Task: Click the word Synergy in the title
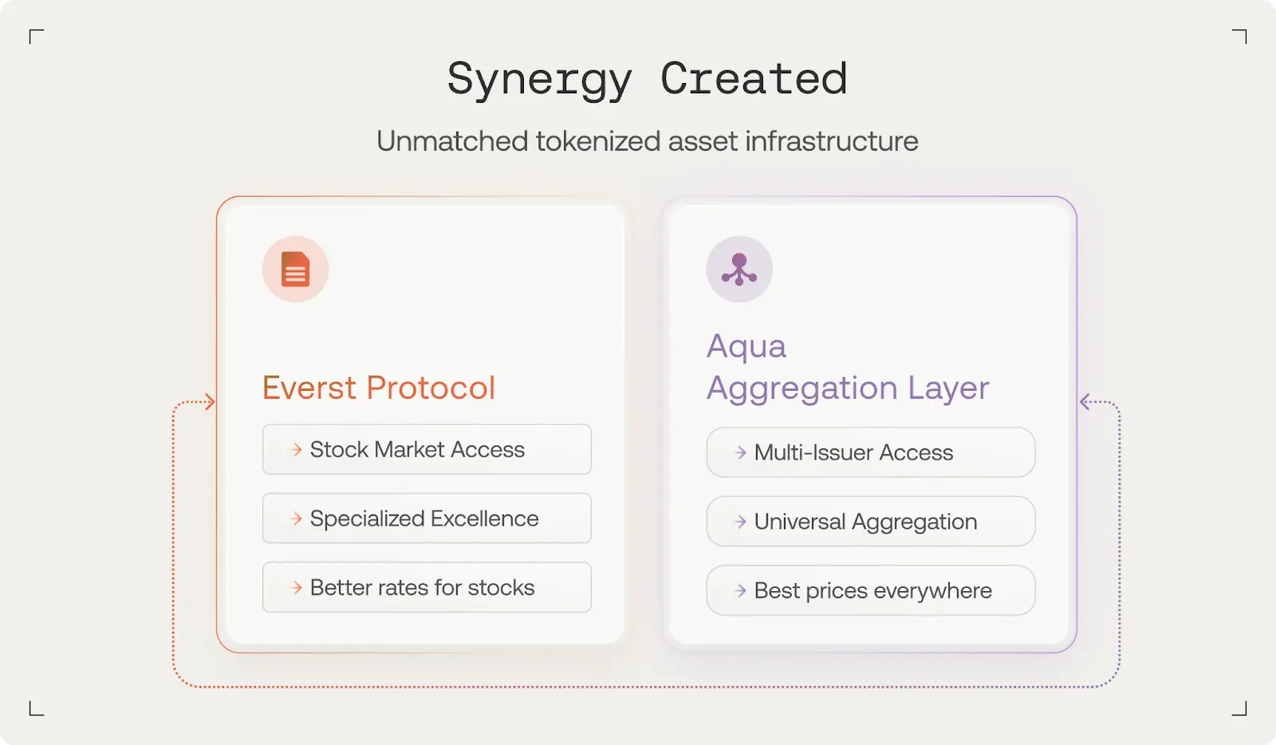pos(539,80)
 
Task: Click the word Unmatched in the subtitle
pos(452,140)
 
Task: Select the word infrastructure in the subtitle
pos(832,140)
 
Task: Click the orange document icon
pos(296,269)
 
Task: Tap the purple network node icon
pos(739,269)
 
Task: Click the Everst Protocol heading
pos(379,388)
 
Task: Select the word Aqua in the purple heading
pos(746,345)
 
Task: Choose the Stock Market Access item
pos(427,449)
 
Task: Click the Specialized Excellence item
pos(427,518)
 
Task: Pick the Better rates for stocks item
pos(427,587)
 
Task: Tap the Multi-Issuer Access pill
pos(870,452)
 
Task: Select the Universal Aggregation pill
pos(870,521)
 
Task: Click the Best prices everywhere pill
pos(870,590)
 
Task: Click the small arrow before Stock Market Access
pos(296,450)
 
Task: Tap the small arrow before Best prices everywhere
pos(740,590)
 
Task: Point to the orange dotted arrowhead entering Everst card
pos(211,402)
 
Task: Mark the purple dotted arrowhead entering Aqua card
pos(1085,402)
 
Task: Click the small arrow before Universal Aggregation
pos(740,522)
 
